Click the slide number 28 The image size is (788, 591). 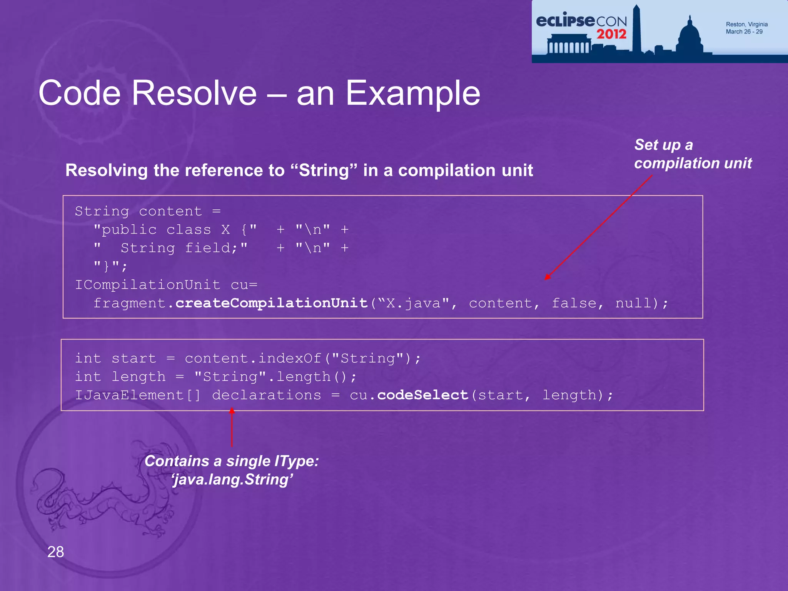pyautogui.click(x=55, y=552)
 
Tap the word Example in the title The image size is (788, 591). pyautogui.click(x=413, y=93)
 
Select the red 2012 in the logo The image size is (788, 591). pyautogui.click(x=611, y=34)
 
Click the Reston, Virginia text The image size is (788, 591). pyautogui.click(x=746, y=24)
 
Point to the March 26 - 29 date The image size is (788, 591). pyautogui.click(x=744, y=32)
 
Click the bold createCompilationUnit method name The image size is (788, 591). pyautogui.click(x=272, y=303)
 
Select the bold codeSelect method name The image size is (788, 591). pyautogui.click(x=422, y=395)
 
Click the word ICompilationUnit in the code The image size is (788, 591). pyautogui.click(x=147, y=285)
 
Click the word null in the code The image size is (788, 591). pyautogui.click(x=633, y=303)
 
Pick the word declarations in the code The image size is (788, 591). pyautogui.click(x=266, y=395)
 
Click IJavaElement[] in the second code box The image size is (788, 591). pyautogui.click(x=137, y=395)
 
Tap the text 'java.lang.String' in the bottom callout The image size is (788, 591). pyautogui.click(x=232, y=480)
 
